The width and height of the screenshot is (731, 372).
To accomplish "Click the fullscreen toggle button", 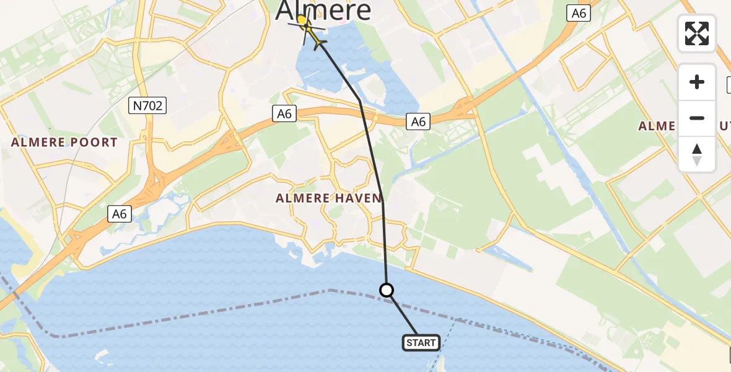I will pyautogui.click(x=697, y=33).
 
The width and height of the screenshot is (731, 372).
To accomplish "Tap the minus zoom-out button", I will pyautogui.click(x=697, y=118).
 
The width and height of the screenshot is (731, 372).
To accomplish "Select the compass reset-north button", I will pyautogui.click(x=697, y=154).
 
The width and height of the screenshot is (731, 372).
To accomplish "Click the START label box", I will pyautogui.click(x=421, y=343).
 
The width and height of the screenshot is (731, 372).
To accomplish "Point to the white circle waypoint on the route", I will pyautogui.click(x=387, y=290).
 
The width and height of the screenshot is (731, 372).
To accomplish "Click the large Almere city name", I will pyautogui.click(x=323, y=10).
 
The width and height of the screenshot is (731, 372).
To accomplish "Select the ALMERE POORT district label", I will pyautogui.click(x=64, y=142).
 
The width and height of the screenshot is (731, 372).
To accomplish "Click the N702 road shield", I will pyautogui.click(x=148, y=106).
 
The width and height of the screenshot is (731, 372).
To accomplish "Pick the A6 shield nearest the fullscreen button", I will pyautogui.click(x=577, y=14).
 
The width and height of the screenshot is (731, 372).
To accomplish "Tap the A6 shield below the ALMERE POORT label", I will pyautogui.click(x=120, y=214).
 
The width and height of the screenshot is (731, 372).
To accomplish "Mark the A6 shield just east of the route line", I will pyautogui.click(x=418, y=122).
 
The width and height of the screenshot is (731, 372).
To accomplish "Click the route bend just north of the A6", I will pyautogui.click(x=360, y=100).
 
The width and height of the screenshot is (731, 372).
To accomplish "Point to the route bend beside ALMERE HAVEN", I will pyautogui.click(x=383, y=200).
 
